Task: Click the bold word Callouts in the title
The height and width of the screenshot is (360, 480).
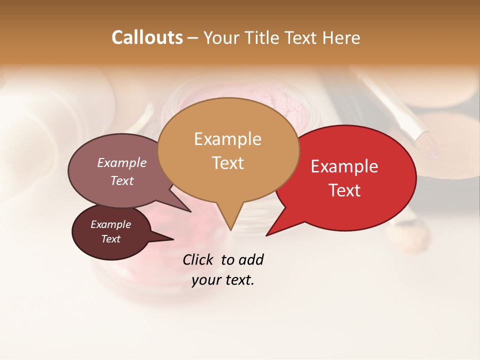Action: [x=147, y=37]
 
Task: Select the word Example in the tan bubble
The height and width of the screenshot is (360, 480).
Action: [x=227, y=139]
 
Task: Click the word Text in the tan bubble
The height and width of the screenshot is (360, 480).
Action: [x=227, y=163]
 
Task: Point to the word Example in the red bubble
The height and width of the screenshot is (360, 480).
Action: [x=344, y=166]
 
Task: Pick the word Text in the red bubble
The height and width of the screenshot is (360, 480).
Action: [x=344, y=190]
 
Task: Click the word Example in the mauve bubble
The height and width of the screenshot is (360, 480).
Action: [x=122, y=162]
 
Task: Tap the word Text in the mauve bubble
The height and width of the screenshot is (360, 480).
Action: [x=122, y=180]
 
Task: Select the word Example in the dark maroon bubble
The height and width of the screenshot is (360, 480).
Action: [x=111, y=224]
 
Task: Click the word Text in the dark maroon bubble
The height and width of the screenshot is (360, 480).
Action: [x=111, y=239]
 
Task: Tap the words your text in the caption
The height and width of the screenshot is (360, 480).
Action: [x=223, y=280]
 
